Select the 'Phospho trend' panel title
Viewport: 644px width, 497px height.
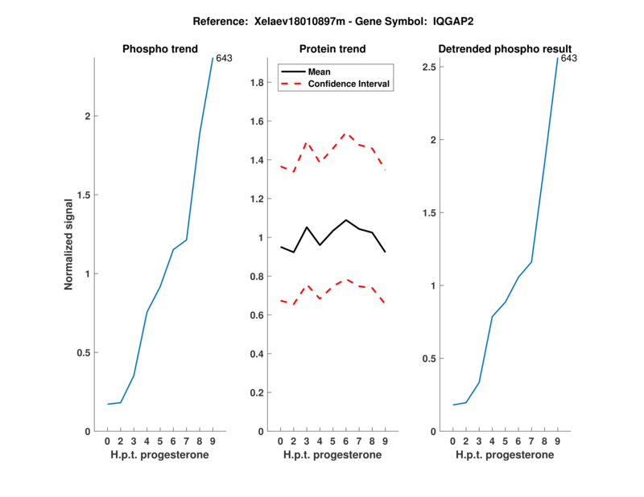(x=159, y=49)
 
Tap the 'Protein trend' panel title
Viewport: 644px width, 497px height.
(x=332, y=49)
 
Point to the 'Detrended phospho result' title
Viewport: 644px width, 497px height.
(x=505, y=49)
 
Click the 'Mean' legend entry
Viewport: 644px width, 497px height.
(x=320, y=72)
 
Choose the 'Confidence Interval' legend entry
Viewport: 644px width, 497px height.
(x=349, y=84)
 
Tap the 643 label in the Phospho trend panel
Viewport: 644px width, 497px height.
(x=224, y=58)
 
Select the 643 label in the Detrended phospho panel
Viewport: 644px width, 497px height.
(x=568, y=58)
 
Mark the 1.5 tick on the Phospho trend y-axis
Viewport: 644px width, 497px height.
(x=82, y=195)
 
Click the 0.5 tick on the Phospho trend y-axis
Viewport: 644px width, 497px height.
(x=82, y=353)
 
